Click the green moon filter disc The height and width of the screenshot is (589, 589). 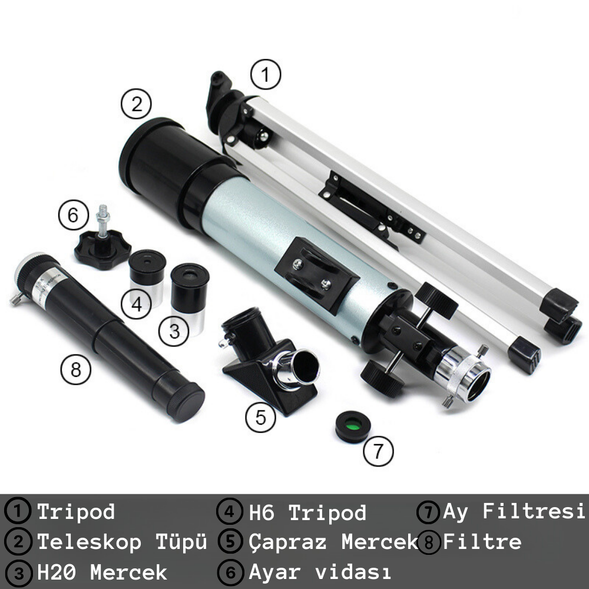point(353,426)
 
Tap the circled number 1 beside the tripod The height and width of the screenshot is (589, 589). point(266,74)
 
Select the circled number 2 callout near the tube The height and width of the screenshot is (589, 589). point(136,104)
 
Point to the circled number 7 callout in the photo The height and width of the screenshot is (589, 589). point(378,451)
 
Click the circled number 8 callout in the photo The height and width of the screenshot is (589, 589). point(76,369)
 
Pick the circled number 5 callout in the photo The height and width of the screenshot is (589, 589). point(261,417)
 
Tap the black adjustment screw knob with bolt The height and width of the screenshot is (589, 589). point(102,242)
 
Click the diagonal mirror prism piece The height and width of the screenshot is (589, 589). point(270,360)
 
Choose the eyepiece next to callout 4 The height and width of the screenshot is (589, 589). point(147,276)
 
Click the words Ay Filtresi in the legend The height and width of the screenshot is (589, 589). point(514,512)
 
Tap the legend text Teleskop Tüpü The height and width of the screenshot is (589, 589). point(122,542)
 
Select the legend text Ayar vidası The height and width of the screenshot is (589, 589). point(320,572)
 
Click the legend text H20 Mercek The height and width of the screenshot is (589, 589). point(102,573)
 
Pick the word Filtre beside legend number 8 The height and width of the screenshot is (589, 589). point(482,542)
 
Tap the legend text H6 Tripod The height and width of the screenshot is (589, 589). point(307,512)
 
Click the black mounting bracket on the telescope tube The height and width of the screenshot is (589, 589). point(317,275)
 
